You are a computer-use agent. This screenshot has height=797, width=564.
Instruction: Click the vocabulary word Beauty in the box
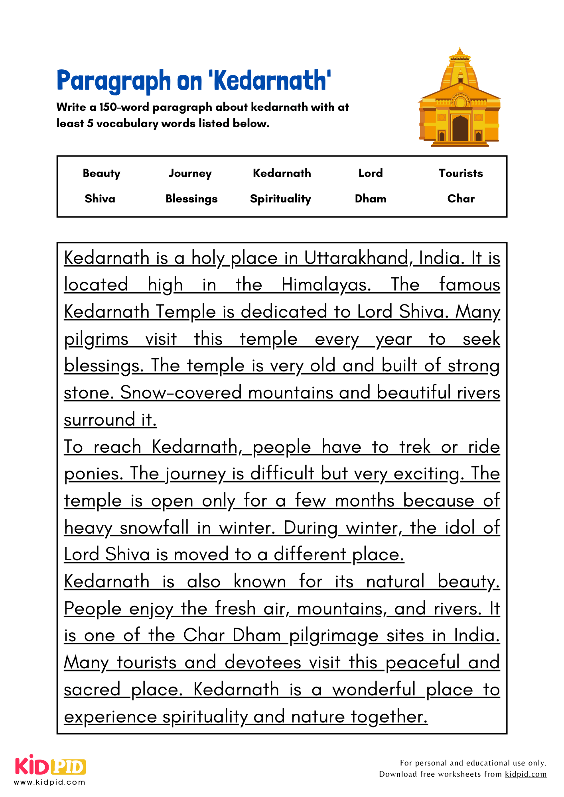pos(101,173)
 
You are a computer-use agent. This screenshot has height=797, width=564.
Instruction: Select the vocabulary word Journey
pos(190,173)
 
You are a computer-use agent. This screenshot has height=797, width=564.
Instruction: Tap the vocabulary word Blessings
pos(191,198)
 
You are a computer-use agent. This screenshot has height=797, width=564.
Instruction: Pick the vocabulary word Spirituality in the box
pos(280,198)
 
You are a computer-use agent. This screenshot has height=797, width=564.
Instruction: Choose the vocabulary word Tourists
pos(461,173)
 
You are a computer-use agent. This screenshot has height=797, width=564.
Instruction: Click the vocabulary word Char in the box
pos(461,198)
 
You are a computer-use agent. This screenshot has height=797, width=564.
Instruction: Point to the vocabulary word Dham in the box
pos(371,198)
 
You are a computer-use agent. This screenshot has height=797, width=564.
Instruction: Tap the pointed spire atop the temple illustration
pos(460,52)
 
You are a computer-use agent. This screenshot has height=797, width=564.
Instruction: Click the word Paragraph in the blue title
pos(114,81)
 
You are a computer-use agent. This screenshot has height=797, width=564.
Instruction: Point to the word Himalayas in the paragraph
pos(326,285)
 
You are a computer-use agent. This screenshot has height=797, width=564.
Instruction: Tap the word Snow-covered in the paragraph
pos(181,393)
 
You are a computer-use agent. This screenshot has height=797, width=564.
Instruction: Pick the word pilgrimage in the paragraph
pos(333,636)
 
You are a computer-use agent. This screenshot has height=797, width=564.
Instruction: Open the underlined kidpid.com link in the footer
pos(525,774)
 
